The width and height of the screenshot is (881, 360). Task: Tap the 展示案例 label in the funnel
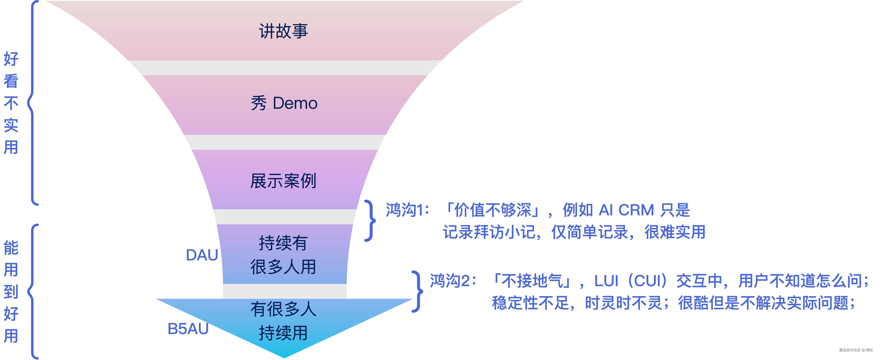[283, 181]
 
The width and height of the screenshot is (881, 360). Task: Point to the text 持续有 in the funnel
[283, 243]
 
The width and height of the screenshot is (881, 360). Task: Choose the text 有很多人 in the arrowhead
[283, 309]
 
